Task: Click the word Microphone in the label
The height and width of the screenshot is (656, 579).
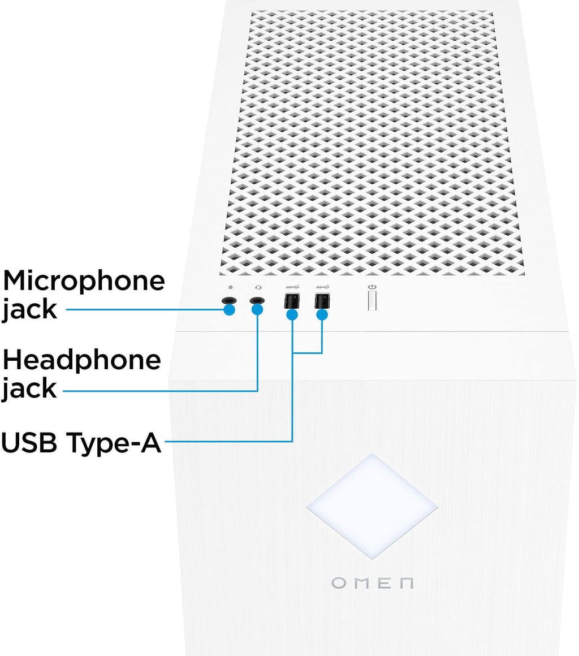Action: click(x=84, y=281)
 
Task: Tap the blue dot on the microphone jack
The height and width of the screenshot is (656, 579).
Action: click(x=229, y=310)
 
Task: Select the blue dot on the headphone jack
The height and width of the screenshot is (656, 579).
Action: click(x=257, y=310)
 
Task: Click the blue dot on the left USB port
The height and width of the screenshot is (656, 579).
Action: click(x=292, y=314)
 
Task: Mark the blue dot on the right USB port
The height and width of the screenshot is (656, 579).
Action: click(x=322, y=314)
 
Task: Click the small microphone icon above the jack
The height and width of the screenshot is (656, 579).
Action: click(x=228, y=287)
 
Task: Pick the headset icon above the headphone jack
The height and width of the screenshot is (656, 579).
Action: click(x=257, y=287)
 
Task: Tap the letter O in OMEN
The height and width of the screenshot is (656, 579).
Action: click(x=338, y=582)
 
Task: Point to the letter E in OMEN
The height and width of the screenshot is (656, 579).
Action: click(x=383, y=582)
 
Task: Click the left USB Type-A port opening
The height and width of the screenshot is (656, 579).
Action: click(x=292, y=300)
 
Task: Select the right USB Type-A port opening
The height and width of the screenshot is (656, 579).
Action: click(x=322, y=300)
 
